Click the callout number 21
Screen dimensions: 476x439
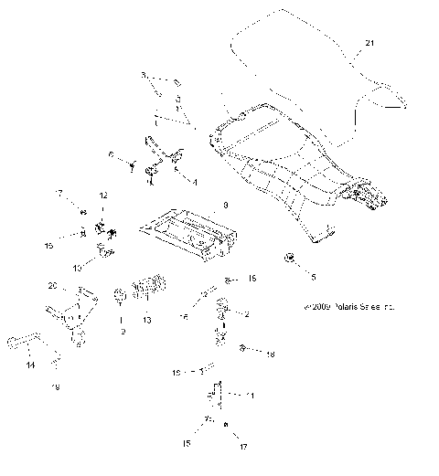[x=369, y=43]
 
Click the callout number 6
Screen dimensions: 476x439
[x=112, y=156]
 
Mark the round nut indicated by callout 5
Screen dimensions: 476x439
[x=290, y=259]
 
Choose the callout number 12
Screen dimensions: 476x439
[x=103, y=196]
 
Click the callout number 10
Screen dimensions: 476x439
[x=78, y=267]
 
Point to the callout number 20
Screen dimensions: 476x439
[x=53, y=287]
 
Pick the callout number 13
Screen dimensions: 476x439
[x=149, y=321]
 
